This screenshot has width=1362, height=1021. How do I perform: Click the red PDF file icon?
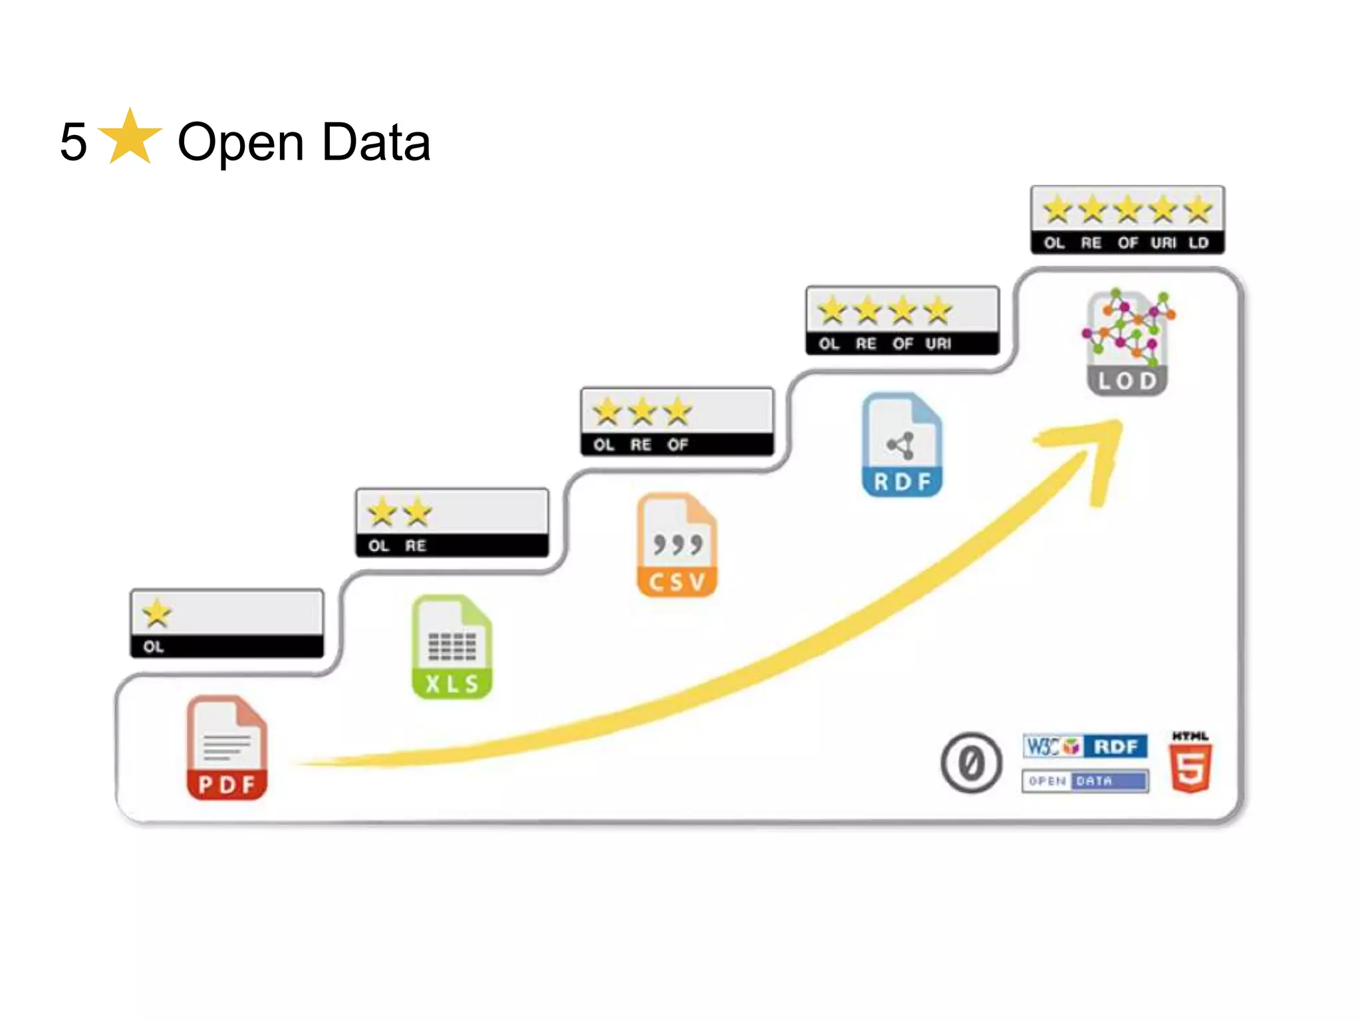[x=227, y=748]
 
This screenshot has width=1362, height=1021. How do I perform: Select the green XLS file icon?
[x=452, y=647]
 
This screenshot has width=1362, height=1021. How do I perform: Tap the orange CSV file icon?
[x=677, y=545]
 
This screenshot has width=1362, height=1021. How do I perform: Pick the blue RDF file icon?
[x=902, y=445]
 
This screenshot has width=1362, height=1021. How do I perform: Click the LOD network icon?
[x=1127, y=342]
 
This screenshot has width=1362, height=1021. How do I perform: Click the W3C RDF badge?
[x=1085, y=746]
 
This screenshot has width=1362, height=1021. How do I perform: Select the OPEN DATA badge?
[x=1085, y=781]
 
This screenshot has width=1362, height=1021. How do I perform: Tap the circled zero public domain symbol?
[x=971, y=763]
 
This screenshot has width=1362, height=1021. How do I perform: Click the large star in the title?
[x=130, y=138]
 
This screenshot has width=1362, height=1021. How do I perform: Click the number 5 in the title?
[x=73, y=142]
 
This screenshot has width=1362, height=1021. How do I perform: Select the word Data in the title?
[x=376, y=142]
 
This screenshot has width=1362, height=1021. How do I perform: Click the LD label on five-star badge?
[x=1198, y=243]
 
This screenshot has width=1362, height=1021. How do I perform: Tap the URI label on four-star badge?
[x=938, y=344]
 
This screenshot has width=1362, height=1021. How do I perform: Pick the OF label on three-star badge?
[x=678, y=445]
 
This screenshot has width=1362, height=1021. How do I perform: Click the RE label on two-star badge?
[x=416, y=546]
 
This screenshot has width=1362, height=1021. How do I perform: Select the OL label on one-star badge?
[x=154, y=647]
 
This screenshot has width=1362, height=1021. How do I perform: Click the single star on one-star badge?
[x=157, y=614]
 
